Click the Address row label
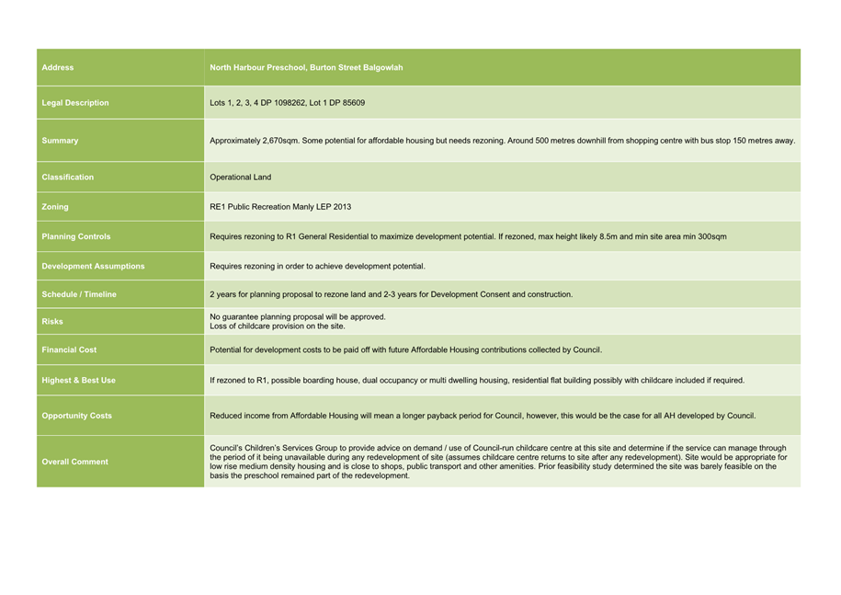(x=58, y=67)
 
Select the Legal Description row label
(x=75, y=103)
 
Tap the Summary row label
(x=61, y=141)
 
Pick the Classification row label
(x=68, y=177)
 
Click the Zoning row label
(x=55, y=207)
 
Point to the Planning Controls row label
(x=76, y=236)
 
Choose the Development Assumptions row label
(x=93, y=266)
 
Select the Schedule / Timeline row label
(x=79, y=294)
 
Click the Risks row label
(x=53, y=322)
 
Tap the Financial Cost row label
(x=69, y=349)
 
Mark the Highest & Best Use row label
(x=79, y=380)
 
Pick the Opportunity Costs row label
(x=77, y=416)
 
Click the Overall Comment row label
(x=74, y=462)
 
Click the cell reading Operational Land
(x=241, y=177)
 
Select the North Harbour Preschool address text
(x=306, y=67)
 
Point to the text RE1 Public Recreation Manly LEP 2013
(x=280, y=207)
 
